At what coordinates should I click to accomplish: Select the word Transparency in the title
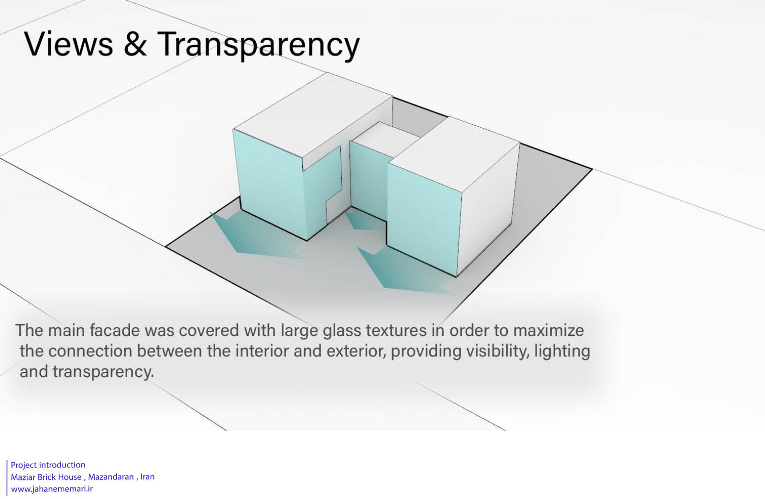pyautogui.click(x=259, y=45)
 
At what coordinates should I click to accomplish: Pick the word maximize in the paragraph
pyautogui.click(x=548, y=330)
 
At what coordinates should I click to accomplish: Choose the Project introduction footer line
pyautogui.click(x=48, y=465)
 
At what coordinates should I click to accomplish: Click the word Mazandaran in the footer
pyautogui.click(x=111, y=477)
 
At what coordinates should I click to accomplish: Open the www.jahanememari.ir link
pyautogui.click(x=52, y=489)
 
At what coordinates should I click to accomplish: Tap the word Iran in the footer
pyautogui.click(x=148, y=477)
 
